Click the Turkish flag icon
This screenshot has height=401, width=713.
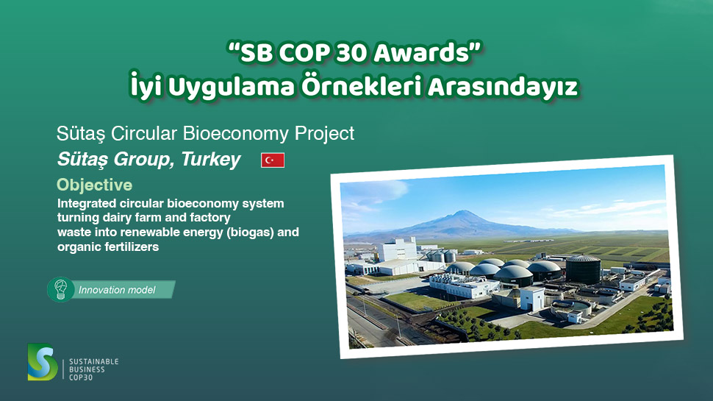click(x=273, y=160)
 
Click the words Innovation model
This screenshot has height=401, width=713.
click(x=117, y=290)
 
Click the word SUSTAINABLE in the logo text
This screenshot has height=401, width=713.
click(x=93, y=362)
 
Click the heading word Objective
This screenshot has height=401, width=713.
click(x=94, y=184)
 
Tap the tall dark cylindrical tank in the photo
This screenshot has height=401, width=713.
click(x=582, y=269)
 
